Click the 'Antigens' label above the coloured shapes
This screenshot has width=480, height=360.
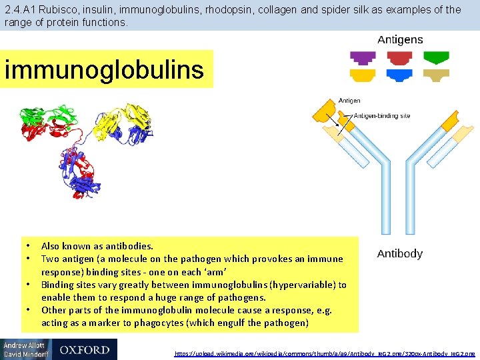400,39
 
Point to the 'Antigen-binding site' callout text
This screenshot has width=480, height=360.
381,115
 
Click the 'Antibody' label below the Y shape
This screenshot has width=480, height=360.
399,254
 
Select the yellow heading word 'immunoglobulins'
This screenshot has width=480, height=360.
104,69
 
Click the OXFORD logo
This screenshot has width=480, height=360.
84,349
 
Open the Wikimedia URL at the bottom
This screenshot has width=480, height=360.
325,353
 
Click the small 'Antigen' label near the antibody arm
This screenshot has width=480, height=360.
349,101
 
